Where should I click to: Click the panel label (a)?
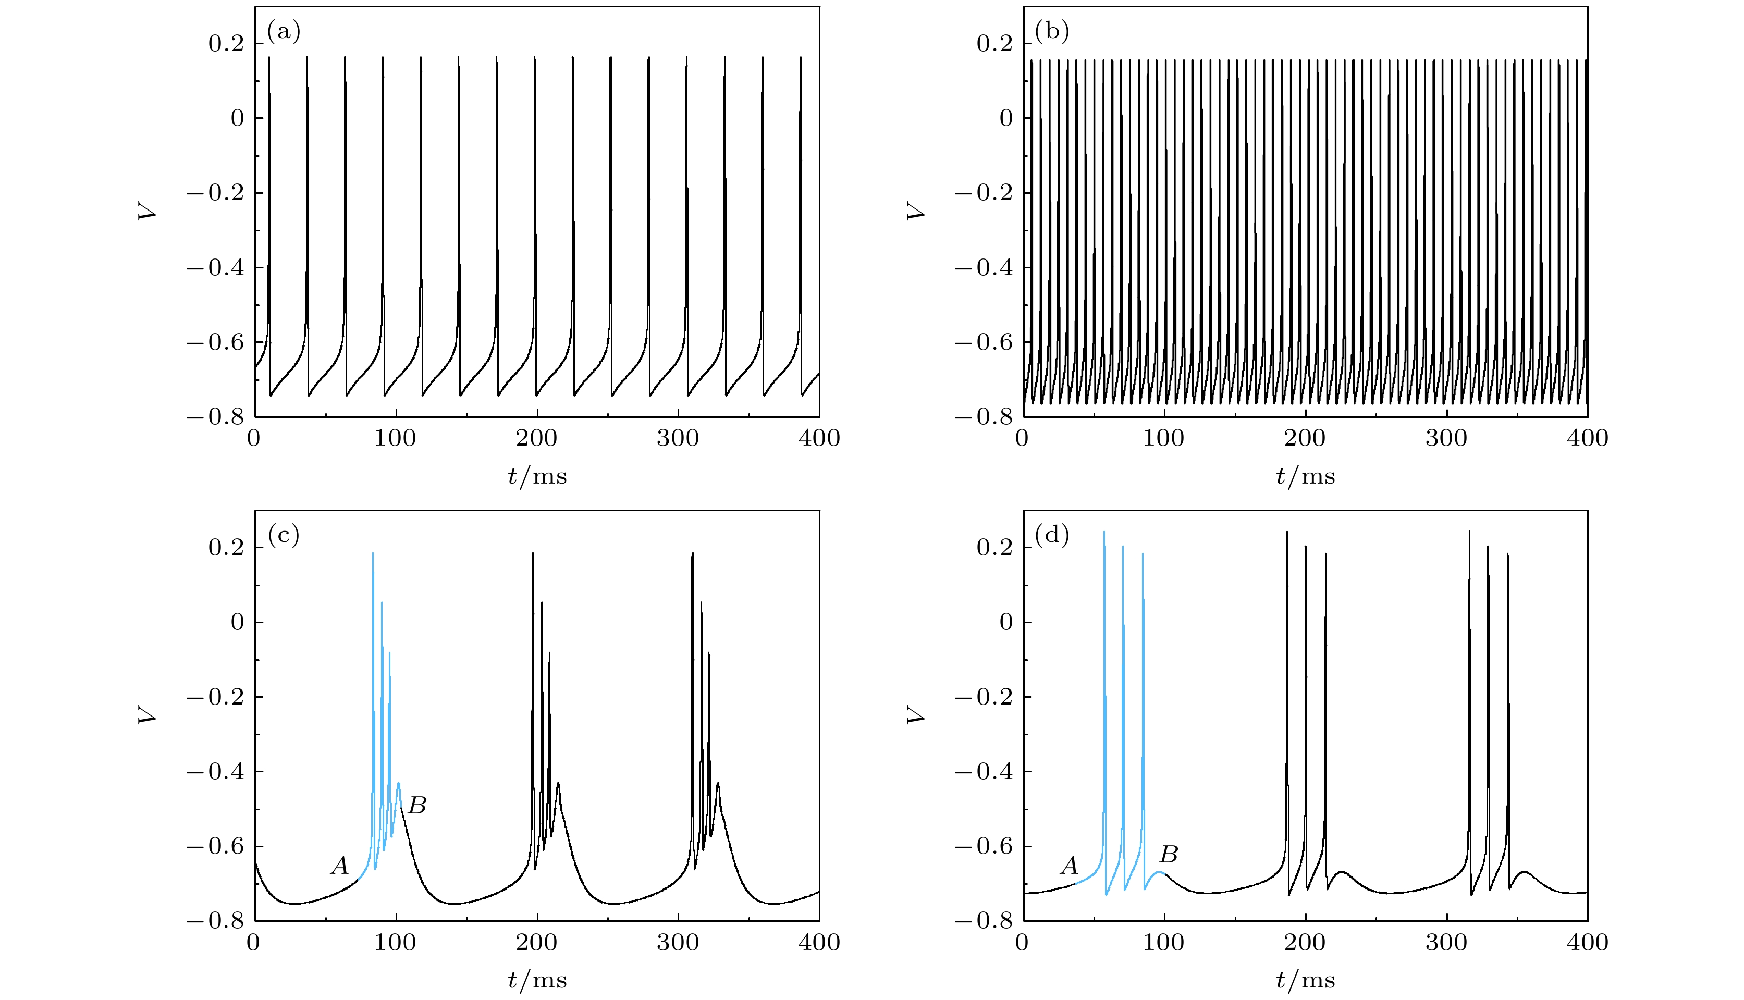tap(284, 32)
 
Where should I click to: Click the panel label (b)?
tap(1052, 32)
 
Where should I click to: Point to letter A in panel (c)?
tap(339, 866)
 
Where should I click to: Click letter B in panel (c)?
tap(417, 805)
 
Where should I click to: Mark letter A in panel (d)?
tap(1069, 866)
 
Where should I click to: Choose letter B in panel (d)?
tap(1169, 855)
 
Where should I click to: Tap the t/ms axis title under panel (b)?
tap(1305, 476)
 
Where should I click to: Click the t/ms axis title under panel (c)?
tap(537, 980)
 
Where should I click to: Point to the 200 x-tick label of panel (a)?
tap(536, 438)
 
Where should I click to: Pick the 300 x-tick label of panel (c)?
tap(678, 942)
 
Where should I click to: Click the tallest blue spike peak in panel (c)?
tap(373, 553)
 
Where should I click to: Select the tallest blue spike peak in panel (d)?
tap(1104, 532)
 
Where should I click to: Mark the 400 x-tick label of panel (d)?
tap(1588, 942)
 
